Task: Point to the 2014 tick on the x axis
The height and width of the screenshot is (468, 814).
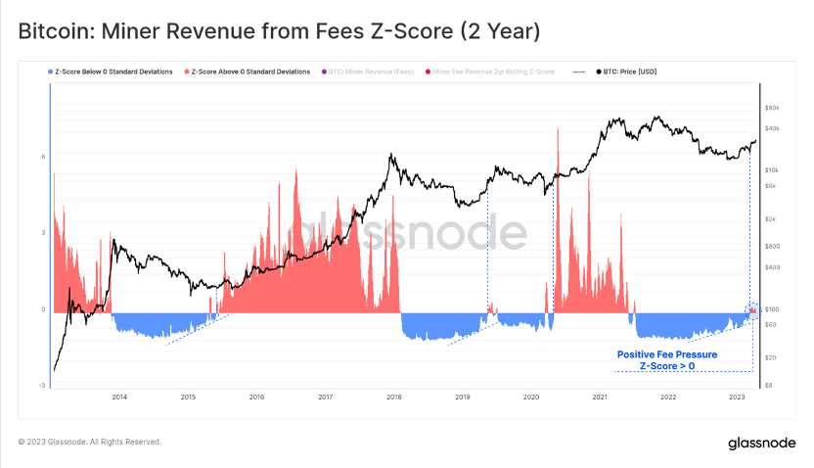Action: [119, 397]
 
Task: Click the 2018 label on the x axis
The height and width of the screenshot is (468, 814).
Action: [394, 397]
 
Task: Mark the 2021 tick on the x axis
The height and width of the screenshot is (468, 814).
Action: [600, 397]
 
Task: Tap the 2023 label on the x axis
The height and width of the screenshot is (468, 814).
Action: [737, 397]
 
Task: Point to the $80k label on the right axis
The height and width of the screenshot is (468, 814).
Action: [771, 108]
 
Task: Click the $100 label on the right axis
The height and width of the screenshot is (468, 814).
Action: [771, 309]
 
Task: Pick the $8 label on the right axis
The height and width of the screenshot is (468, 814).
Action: [769, 386]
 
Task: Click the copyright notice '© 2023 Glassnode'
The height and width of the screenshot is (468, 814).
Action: [90, 442]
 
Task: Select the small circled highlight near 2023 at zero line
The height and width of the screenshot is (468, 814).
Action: [751, 310]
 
